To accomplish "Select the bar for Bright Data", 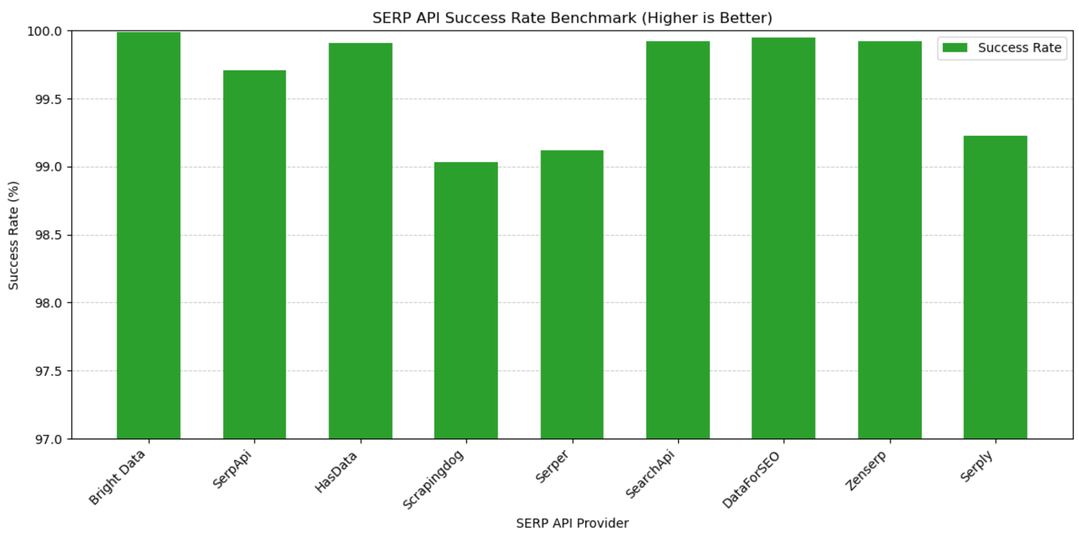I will tap(148, 235).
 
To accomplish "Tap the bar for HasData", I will tap(360, 241).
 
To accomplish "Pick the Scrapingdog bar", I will tap(466, 300).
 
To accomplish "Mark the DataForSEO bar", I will tap(784, 238).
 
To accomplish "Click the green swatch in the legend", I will tap(955, 48).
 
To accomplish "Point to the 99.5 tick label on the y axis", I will tap(48, 99).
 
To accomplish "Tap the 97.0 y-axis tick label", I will tap(48, 439).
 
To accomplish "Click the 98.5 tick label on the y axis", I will tap(48, 235).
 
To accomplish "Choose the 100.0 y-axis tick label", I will tap(45, 31).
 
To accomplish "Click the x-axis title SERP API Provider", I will tap(572, 523).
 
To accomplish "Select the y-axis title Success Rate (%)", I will tap(13, 235).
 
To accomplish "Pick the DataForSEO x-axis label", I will tap(751, 480).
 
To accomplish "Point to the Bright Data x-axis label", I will tap(117, 477).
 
